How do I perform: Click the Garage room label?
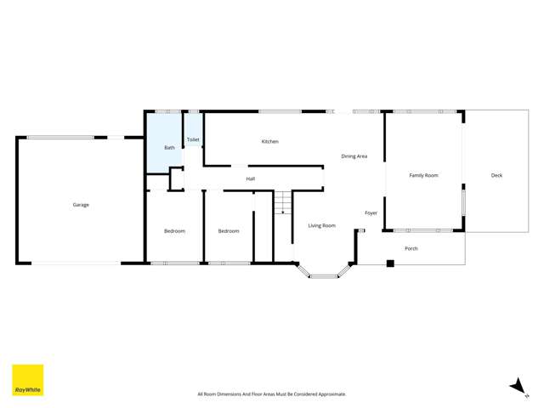click(x=81, y=205)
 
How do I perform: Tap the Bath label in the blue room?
click(x=169, y=148)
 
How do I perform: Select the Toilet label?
click(x=193, y=139)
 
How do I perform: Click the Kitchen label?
click(x=269, y=142)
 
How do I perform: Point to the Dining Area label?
click(x=354, y=156)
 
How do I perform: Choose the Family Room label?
click(x=423, y=175)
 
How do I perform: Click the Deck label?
click(x=496, y=175)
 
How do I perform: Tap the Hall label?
click(x=251, y=178)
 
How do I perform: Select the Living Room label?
click(x=321, y=226)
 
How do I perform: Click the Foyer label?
click(x=371, y=212)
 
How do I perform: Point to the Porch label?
click(x=411, y=249)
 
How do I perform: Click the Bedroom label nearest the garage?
click(x=174, y=231)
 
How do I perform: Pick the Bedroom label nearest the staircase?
click(x=229, y=231)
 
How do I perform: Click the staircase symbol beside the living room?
click(x=283, y=203)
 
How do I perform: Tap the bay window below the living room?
click(x=323, y=273)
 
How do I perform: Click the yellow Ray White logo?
click(x=27, y=380)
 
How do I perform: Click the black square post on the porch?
click(x=390, y=263)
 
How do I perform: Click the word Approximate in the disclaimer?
click(x=330, y=394)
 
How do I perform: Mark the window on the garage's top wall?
click(x=60, y=137)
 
